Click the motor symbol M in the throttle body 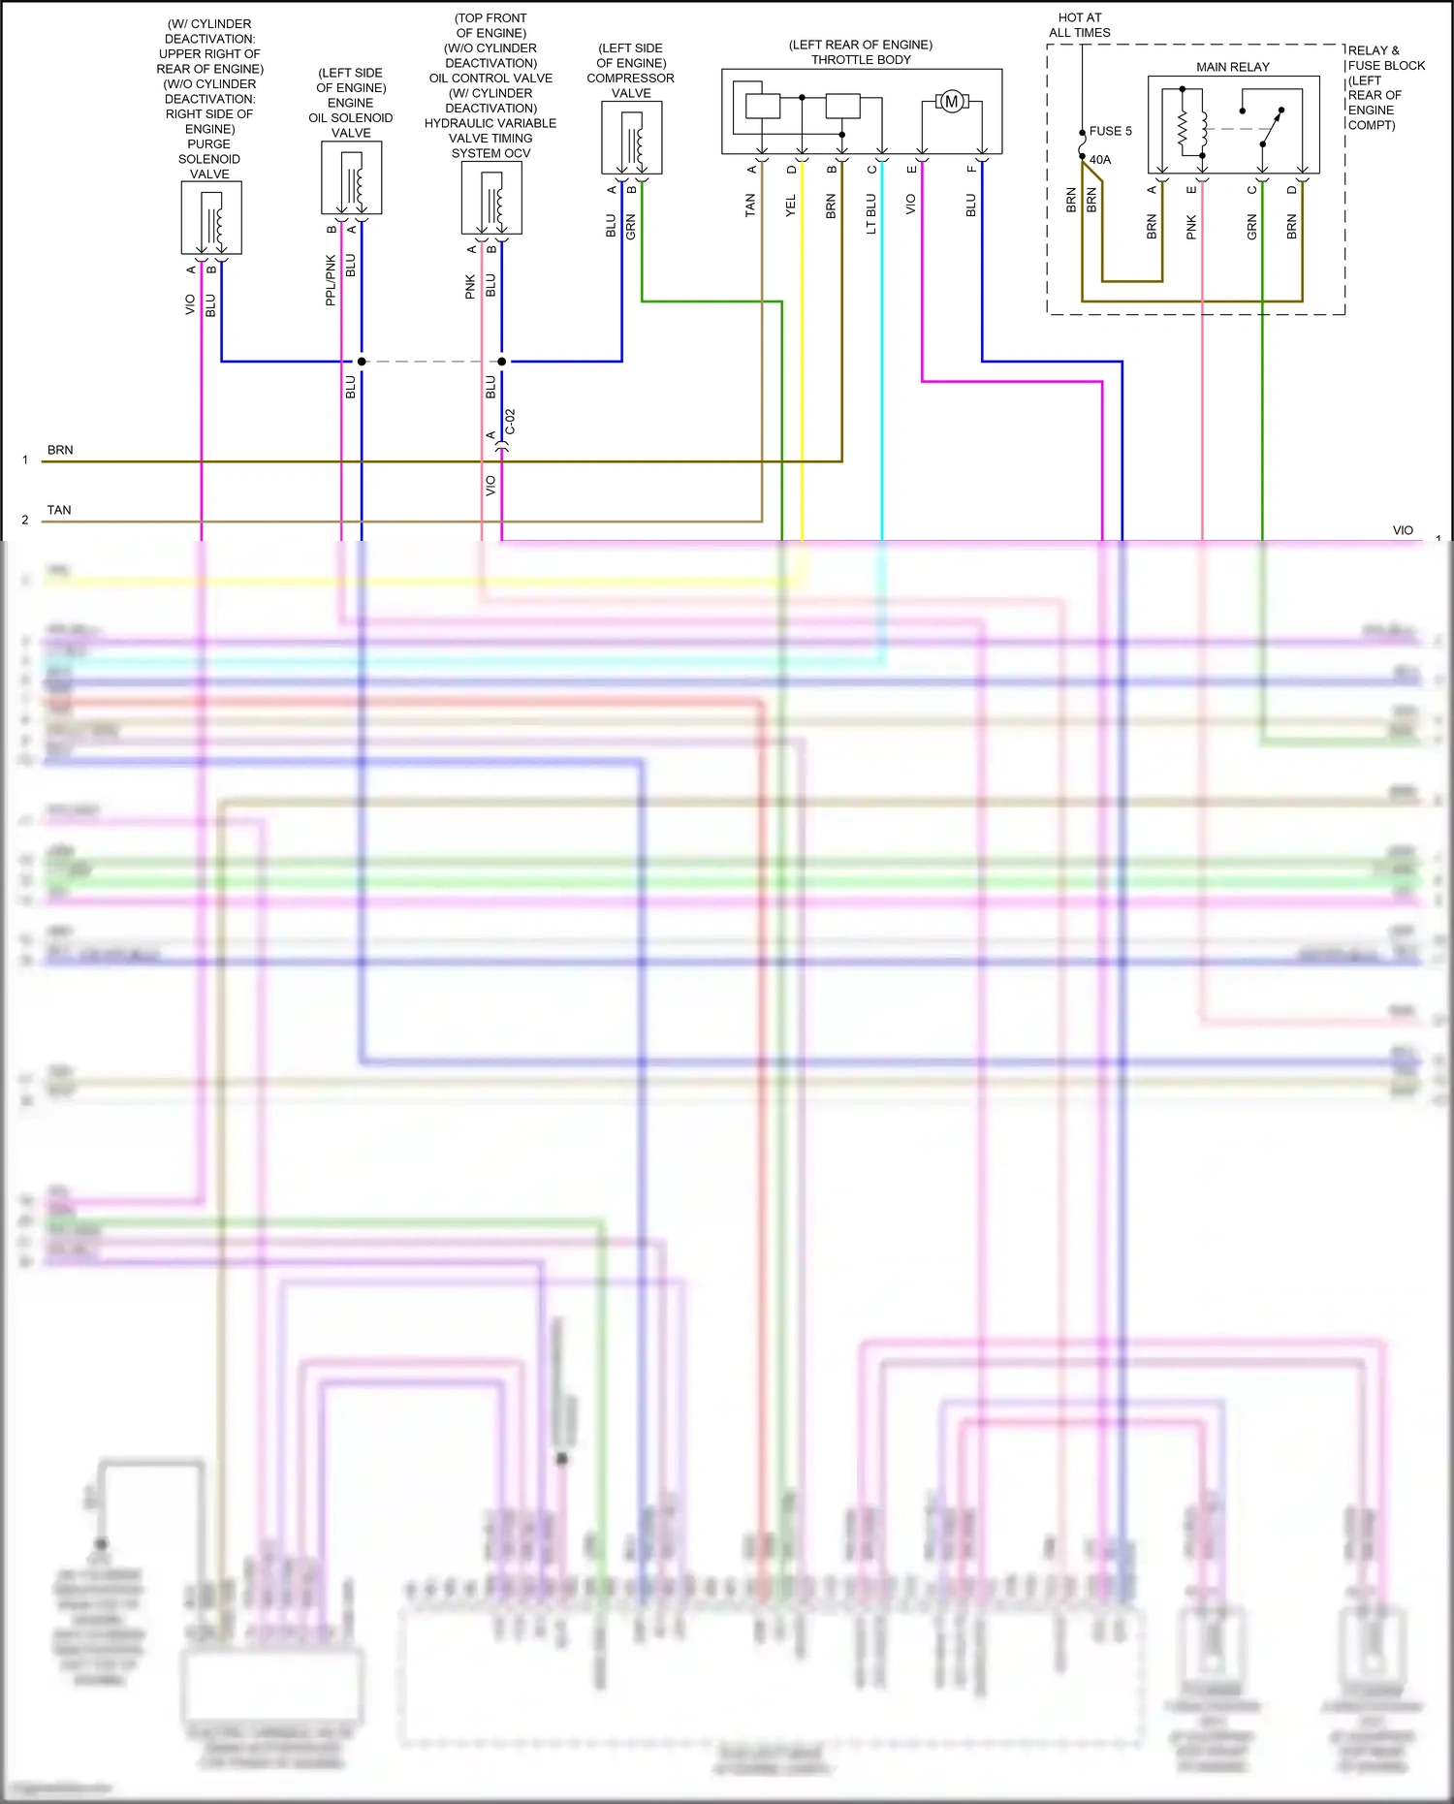click(951, 102)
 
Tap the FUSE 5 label click(1110, 131)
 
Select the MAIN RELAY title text click(1232, 67)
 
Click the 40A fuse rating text click(1100, 160)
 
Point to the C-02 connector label click(510, 423)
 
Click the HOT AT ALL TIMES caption click(1080, 25)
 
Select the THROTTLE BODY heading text click(861, 60)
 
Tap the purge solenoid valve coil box click(211, 218)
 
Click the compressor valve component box click(632, 138)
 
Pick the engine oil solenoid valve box click(351, 178)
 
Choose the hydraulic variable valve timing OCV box click(491, 198)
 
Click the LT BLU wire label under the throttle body click(870, 214)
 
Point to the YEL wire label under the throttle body click(790, 206)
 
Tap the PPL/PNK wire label click(331, 281)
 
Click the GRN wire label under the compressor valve click(631, 228)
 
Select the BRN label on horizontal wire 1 click(60, 450)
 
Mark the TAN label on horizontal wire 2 click(59, 510)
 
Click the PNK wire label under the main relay click(1191, 228)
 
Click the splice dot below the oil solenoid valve click(362, 362)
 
